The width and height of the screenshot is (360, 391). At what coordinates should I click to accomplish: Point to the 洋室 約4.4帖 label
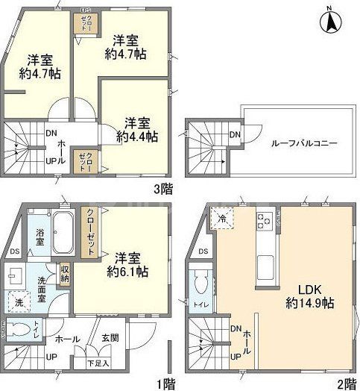click(136, 129)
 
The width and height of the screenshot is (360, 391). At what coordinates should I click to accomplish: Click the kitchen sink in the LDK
click(266, 263)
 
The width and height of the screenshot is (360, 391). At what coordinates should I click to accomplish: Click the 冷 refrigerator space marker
click(223, 219)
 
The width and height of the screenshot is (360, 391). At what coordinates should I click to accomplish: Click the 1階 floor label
click(168, 384)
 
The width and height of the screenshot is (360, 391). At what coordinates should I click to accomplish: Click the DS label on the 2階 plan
click(203, 251)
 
